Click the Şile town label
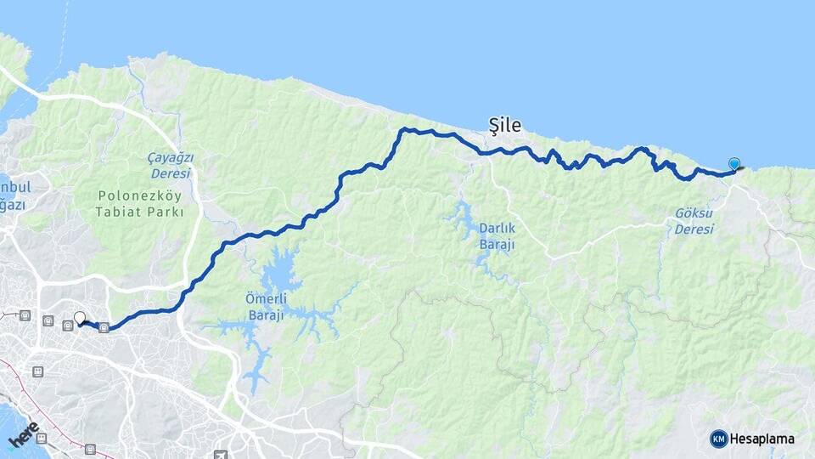(505, 125)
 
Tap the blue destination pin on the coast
(733, 164)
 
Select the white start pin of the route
(80, 318)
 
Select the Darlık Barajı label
(497, 236)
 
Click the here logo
(24, 433)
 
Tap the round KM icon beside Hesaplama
(719, 439)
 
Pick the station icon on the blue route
(104, 327)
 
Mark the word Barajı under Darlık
(497, 245)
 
